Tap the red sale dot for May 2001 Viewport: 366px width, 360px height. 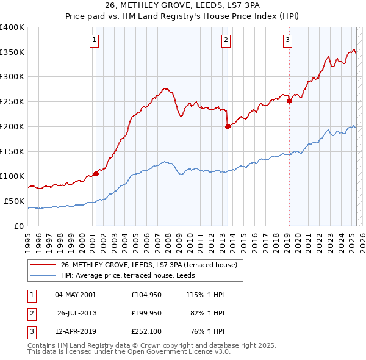(x=96, y=173)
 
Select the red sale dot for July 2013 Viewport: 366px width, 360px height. (x=228, y=126)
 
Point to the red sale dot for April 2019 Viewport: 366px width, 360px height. (x=289, y=101)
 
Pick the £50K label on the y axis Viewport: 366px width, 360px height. (x=15, y=201)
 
